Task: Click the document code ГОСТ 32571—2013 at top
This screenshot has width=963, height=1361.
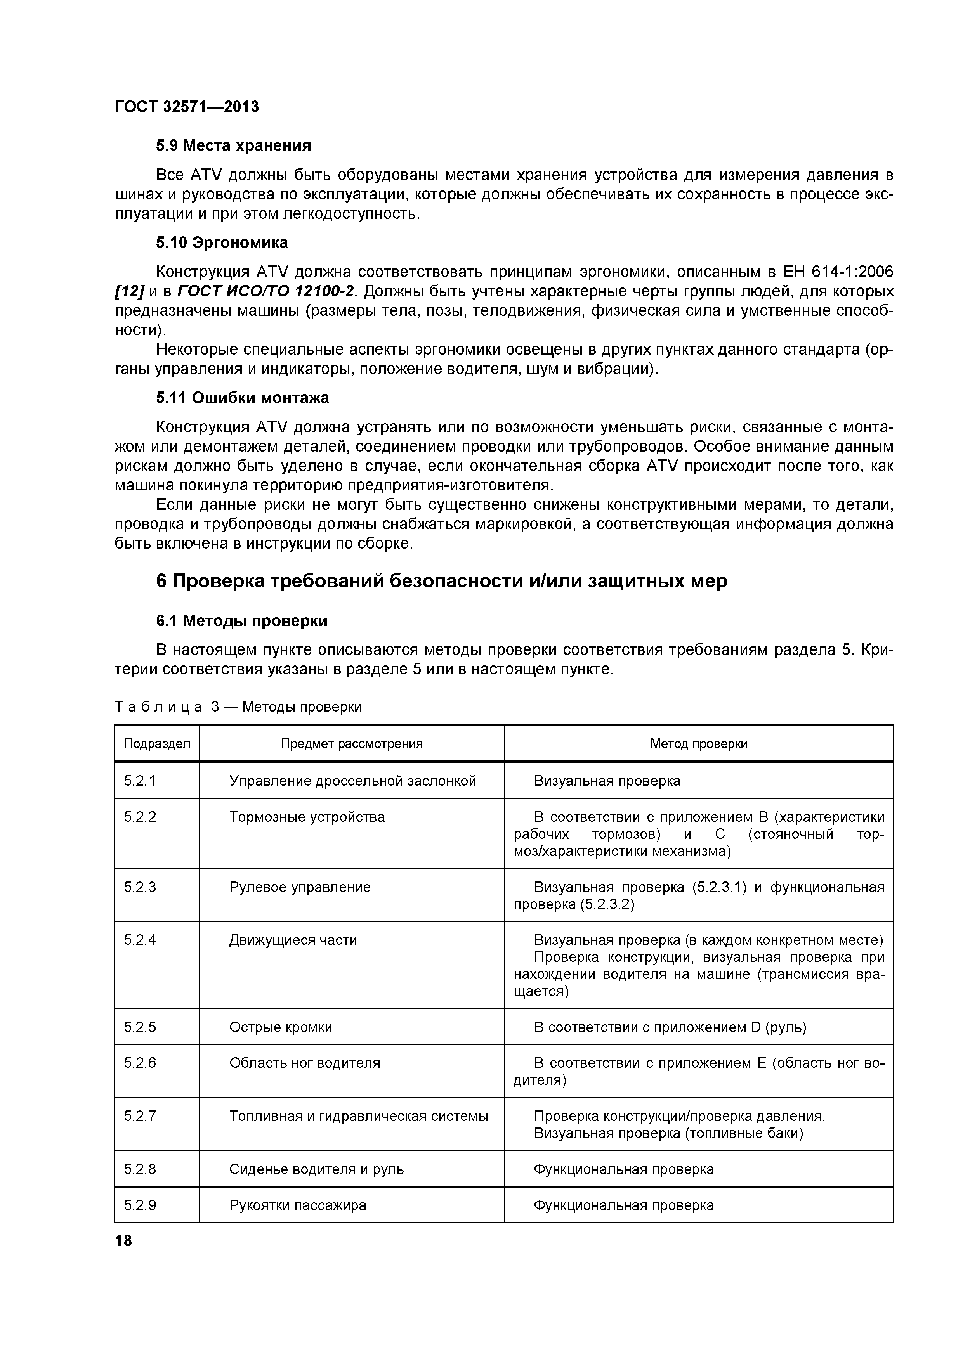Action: coord(187,107)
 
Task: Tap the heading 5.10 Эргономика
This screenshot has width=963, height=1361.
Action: coord(222,242)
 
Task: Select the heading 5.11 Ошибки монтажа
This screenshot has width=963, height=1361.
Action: coord(242,398)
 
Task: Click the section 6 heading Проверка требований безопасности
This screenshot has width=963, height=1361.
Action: coord(441,581)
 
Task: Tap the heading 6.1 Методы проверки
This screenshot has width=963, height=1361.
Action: coord(241,621)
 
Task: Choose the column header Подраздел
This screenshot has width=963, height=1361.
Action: coord(157,743)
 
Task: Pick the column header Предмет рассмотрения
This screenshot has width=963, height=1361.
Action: coord(352,743)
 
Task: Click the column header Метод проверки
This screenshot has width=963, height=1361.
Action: coord(699,743)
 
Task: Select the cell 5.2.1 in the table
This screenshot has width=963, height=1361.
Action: coord(140,781)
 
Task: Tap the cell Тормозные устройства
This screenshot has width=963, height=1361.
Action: coord(307,817)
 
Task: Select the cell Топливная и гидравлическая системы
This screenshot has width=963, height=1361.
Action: coord(358,1116)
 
